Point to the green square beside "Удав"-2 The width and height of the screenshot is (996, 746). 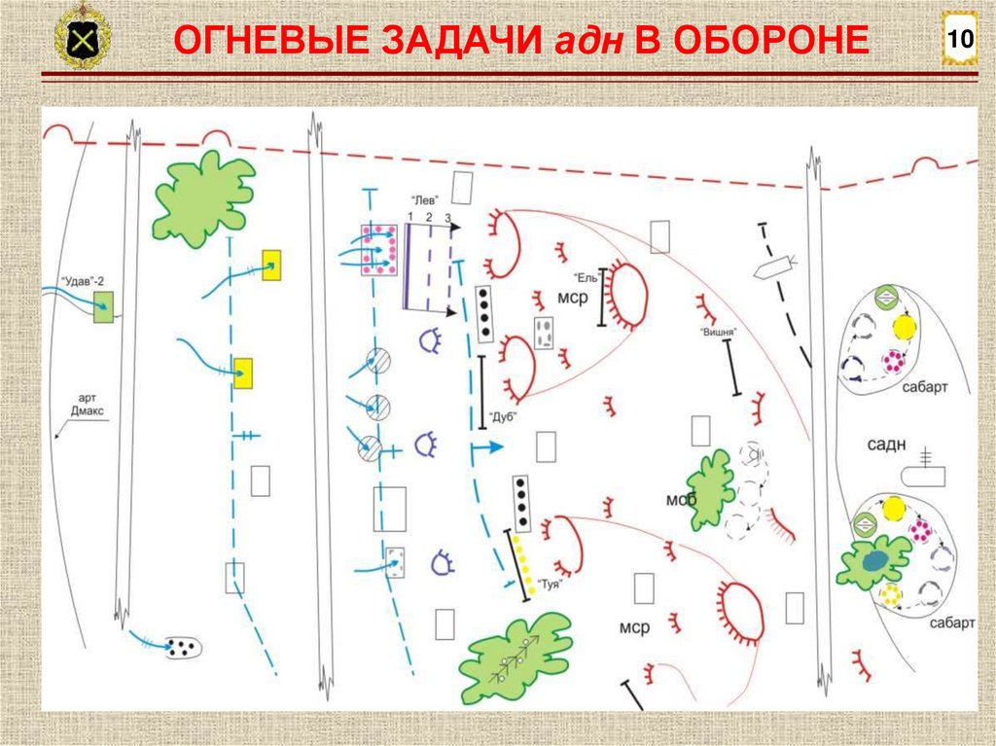pos(102,306)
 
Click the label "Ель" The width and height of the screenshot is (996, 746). pos(584,275)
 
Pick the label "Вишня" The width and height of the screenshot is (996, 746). pos(718,332)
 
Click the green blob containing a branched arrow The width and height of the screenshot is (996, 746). pos(516,657)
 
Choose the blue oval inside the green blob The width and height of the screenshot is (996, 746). pos(876,560)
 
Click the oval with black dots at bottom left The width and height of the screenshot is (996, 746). pos(180,647)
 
